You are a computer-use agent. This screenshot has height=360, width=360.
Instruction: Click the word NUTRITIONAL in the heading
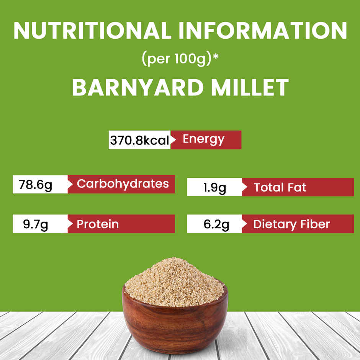[x=92, y=30]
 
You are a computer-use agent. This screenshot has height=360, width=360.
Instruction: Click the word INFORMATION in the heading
[x=260, y=30]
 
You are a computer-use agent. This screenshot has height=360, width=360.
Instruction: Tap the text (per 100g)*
[x=180, y=59]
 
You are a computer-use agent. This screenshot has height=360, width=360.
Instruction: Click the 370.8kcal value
[x=139, y=140]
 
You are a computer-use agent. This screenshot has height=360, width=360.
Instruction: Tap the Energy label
[x=203, y=139]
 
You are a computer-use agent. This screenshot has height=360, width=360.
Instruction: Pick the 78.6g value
[x=36, y=185]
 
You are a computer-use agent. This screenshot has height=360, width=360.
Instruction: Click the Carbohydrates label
[x=123, y=184]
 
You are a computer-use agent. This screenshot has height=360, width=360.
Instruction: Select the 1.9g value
[x=215, y=188]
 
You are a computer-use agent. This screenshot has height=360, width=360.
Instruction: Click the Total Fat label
[x=280, y=188]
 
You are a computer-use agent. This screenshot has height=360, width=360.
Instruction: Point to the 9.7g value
[x=36, y=224]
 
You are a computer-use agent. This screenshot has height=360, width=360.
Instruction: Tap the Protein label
[x=98, y=224]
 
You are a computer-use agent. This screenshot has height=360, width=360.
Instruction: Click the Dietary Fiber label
[x=291, y=224]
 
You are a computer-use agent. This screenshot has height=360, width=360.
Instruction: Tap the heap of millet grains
[x=174, y=281]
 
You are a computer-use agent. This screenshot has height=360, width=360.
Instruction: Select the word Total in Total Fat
[x=268, y=188]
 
